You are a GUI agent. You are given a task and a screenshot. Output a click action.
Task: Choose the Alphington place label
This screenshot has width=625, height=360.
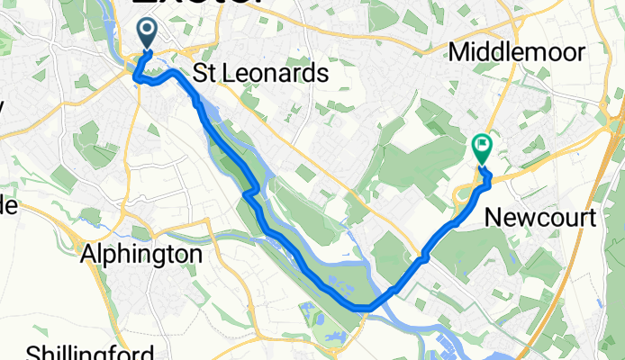click(140, 255)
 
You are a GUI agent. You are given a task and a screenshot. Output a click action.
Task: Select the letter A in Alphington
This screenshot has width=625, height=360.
click(88, 255)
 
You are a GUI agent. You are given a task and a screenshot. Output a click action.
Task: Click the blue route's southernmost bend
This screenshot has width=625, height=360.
click(366, 309)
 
